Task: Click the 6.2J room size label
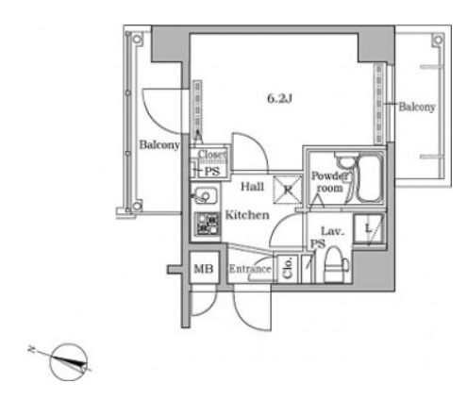click(x=279, y=99)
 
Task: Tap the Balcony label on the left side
click(x=159, y=145)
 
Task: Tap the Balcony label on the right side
click(x=417, y=107)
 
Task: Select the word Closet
click(x=211, y=155)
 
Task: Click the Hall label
click(x=252, y=187)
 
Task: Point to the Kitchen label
click(x=247, y=215)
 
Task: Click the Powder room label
click(x=329, y=182)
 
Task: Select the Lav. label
click(x=332, y=232)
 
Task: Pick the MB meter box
click(x=204, y=268)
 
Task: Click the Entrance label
click(x=250, y=269)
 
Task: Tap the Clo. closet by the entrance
click(x=287, y=268)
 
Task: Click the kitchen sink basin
click(x=205, y=196)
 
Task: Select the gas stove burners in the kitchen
click(x=208, y=224)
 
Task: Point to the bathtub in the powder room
click(x=370, y=178)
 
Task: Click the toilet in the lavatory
click(x=335, y=264)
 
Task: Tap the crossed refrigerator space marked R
click(x=288, y=190)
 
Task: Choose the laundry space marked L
click(x=369, y=228)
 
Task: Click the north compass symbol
click(x=68, y=362)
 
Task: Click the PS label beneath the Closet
click(x=212, y=172)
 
